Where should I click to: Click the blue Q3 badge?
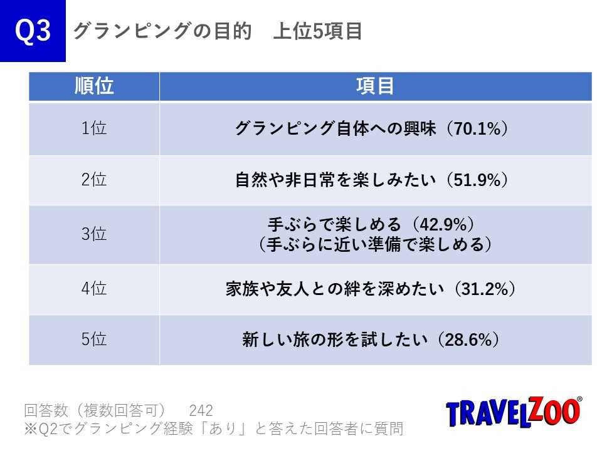pyautogui.click(x=33, y=31)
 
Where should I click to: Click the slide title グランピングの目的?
pyautogui.click(x=162, y=31)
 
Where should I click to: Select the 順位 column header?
pyautogui.click(x=94, y=86)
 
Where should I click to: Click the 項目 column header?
pyautogui.click(x=375, y=86)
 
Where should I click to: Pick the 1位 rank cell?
pyautogui.click(x=94, y=128)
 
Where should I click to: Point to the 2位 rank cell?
pyautogui.click(x=94, y=180)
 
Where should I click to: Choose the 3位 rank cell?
pyautogui.click(x=94, y=234)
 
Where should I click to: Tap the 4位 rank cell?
pyautogui.click(x=94, y=289)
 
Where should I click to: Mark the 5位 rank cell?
pyautogui.click(x=94, y=340)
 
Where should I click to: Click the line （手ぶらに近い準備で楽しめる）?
pyautogui.click(x=375, y=244)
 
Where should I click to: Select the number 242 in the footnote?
pyautogui.click(x=201, y=411)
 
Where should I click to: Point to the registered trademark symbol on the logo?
pyautogui.click(x=579, y=399)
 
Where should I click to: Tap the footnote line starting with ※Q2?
pyautogui.click(x=213, y=429)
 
